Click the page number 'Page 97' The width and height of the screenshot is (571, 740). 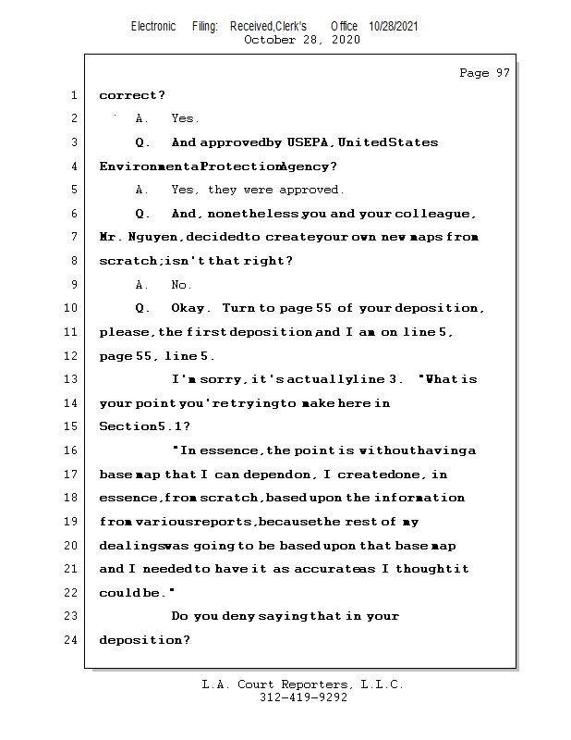coord(484,73)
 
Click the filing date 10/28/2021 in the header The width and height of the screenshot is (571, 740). coord(394,27)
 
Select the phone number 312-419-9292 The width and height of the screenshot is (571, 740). coord(303,697)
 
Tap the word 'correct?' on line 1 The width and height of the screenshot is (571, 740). coord(132,95)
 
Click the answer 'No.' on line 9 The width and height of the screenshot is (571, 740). coord(181,285)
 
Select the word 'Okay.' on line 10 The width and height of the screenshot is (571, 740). coord(190,308)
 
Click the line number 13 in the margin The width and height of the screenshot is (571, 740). coord(71,379)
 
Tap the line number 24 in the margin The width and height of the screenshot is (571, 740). coord(71,639)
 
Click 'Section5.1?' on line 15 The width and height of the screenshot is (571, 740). coord(145,426)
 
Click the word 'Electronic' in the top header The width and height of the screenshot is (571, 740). coord(153,27)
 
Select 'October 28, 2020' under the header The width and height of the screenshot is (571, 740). coord(302,40)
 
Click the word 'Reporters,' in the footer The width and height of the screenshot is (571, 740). coord(316,684)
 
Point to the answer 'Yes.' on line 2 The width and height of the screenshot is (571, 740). coord(185,118)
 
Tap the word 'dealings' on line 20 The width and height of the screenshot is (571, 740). coord(129,546)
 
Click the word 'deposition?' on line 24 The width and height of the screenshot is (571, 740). coord(145,640)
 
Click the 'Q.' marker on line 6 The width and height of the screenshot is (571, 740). coord(142,214)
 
